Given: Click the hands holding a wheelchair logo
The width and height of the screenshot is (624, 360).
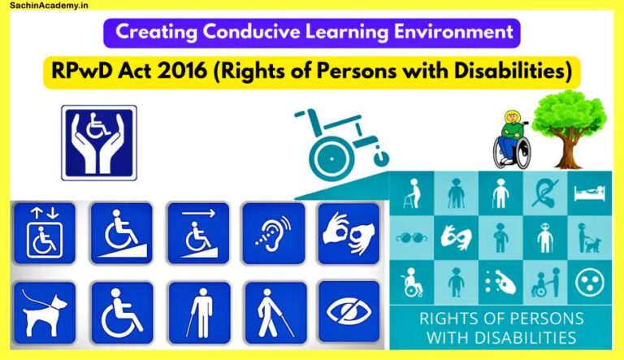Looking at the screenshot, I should coord(98,141).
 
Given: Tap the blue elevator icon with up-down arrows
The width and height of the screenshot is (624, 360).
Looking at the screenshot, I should coord(44,232).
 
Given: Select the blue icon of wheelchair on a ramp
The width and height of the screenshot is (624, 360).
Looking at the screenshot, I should coord(121,232).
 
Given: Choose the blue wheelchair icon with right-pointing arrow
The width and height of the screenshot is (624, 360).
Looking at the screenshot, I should coord(197,232).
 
